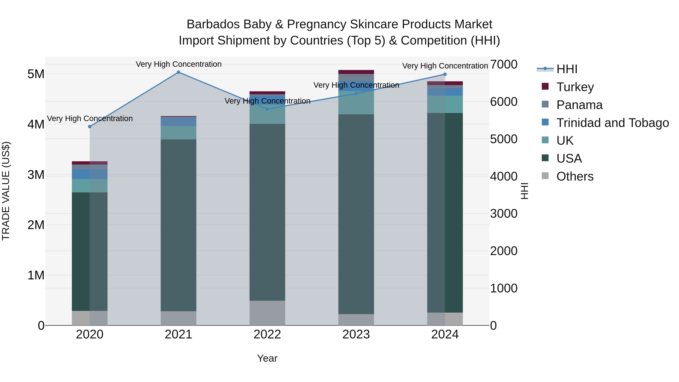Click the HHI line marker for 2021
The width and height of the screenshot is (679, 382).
[178, 72]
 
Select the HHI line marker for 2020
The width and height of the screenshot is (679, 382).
[90, 127]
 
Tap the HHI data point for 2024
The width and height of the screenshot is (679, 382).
[445, 74]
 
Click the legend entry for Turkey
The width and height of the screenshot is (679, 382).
[575, 87]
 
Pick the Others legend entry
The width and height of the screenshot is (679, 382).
[575, 176]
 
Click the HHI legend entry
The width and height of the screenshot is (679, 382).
[567, 69]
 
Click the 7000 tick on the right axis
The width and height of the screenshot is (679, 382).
[503, 64]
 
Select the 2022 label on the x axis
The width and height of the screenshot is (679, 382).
[267, 334]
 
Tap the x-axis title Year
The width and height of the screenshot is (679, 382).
[267, 358]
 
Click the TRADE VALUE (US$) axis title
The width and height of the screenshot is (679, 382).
[6, 191]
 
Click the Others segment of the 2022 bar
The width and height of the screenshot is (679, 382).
[267, 313]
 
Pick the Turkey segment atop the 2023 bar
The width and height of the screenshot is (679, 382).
[356, 72]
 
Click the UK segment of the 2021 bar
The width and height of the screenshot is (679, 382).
[178, 133]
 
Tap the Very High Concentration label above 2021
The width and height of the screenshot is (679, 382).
[178, 64]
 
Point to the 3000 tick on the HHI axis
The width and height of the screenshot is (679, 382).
[503, 214]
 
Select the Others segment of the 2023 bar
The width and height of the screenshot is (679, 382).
[356, 320]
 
